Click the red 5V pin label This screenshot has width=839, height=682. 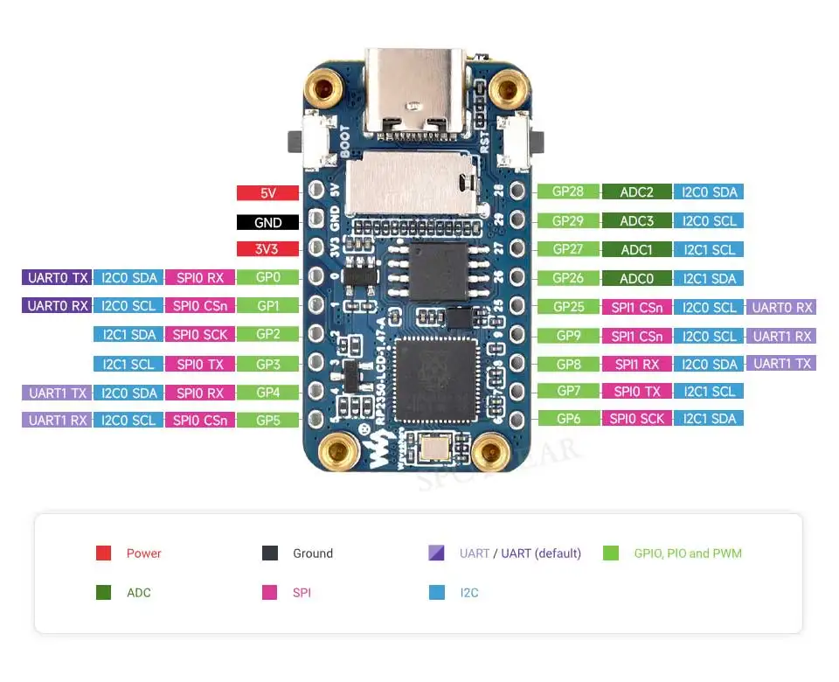point(267,193)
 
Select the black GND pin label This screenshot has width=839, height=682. point(267,222)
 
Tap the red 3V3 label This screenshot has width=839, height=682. point(267,249)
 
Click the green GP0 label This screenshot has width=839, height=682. point(267,278)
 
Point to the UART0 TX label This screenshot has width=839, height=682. point(57,278)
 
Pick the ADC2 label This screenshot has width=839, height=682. point(636,192)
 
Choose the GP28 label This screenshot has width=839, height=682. point(569,192)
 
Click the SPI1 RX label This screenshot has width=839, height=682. point(636,364)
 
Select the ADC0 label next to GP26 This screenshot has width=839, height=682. point(636,278)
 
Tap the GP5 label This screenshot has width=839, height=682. point(267,420)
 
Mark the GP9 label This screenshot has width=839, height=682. point(569,336)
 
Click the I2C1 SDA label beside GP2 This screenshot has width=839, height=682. point(129,334)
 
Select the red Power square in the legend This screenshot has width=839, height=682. point(104,553)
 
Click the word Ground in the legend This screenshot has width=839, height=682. point(313,553)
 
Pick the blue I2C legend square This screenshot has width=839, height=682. point(437,593)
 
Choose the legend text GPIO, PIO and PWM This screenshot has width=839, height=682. point(688,553)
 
